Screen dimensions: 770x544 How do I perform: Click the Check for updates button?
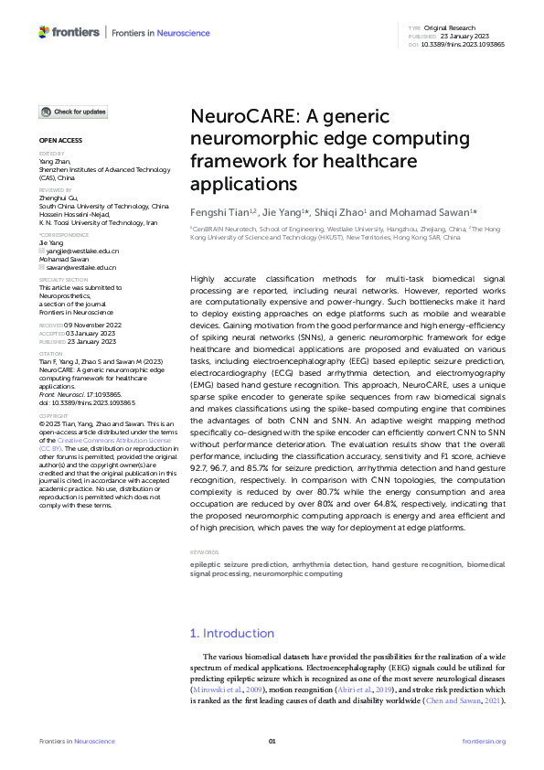(x=73, y=112)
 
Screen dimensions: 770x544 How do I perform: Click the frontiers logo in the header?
(x=69, y=32)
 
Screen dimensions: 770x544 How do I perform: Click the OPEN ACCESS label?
(x=60, y=141)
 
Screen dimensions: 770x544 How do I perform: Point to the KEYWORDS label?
(x=205, y=552)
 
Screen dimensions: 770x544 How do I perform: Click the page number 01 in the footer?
(x=272, y=741)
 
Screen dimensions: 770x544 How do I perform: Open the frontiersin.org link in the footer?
(x=484, y=741)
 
